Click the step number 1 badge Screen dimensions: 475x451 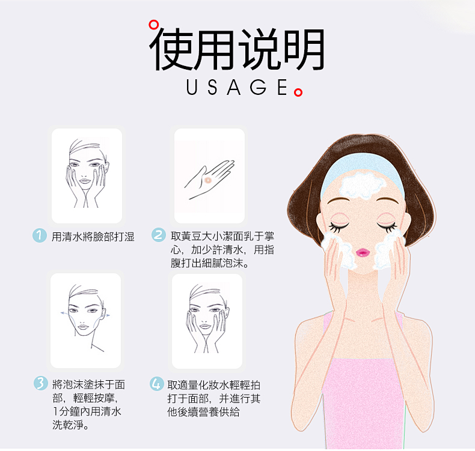coord(40,235)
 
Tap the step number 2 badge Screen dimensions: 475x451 coord(159,235)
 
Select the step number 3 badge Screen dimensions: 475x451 coord(41,383)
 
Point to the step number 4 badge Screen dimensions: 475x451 coord(157,384)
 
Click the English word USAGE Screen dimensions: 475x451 coord(237,87)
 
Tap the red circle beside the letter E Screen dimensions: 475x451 coord(298,92)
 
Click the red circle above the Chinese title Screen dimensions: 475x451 coord(153,25)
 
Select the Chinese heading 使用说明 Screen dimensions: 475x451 coord(237,49)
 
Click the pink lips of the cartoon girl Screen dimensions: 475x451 coord(363,252)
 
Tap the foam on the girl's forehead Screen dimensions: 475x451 coord(361,185)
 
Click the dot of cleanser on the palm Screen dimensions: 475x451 coord(208,180)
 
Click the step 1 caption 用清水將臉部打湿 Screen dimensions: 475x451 coord(93,237)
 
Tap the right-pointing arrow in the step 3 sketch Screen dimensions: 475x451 coord(106,315)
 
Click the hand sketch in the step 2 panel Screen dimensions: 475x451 coord(210,180)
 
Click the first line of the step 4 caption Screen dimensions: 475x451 coord(214,385)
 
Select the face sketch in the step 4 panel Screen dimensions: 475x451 coord(207,319)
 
